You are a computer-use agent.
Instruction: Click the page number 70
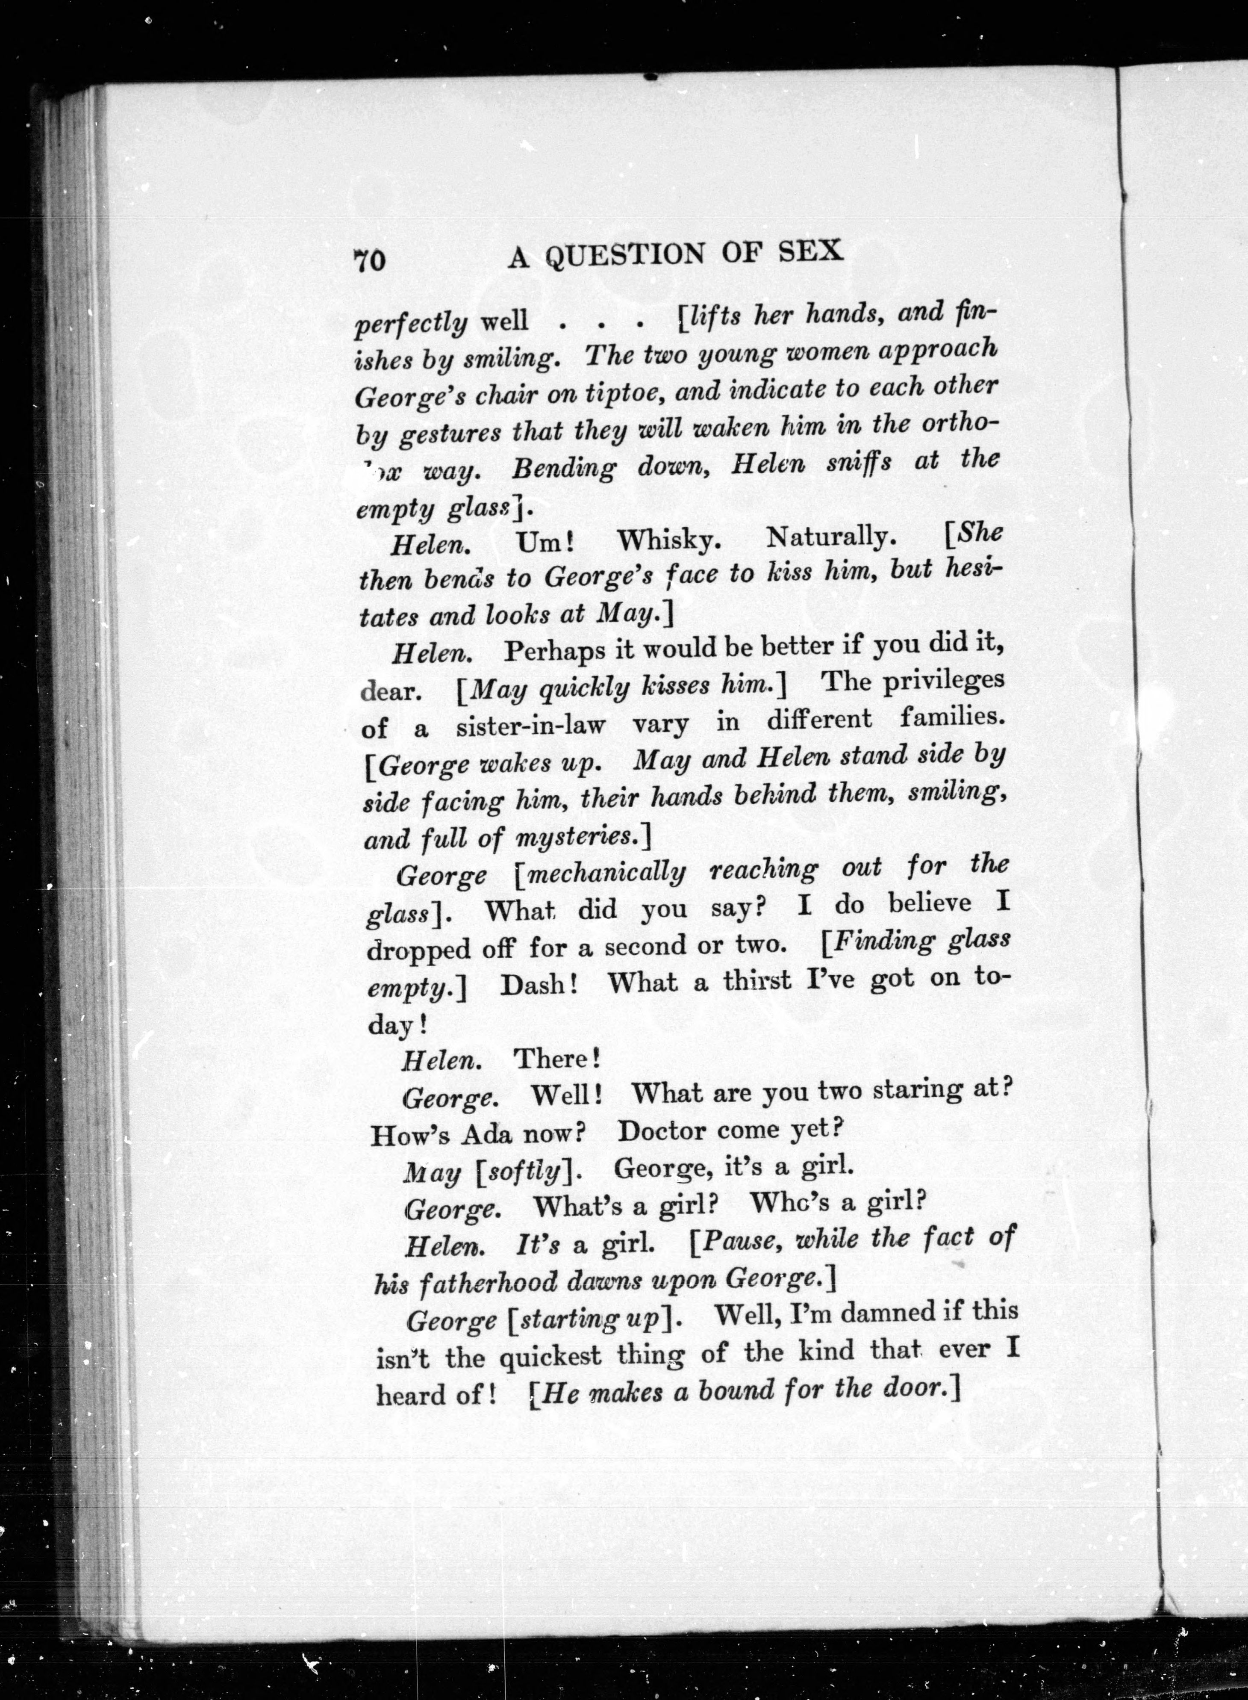(x=369, y=261)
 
